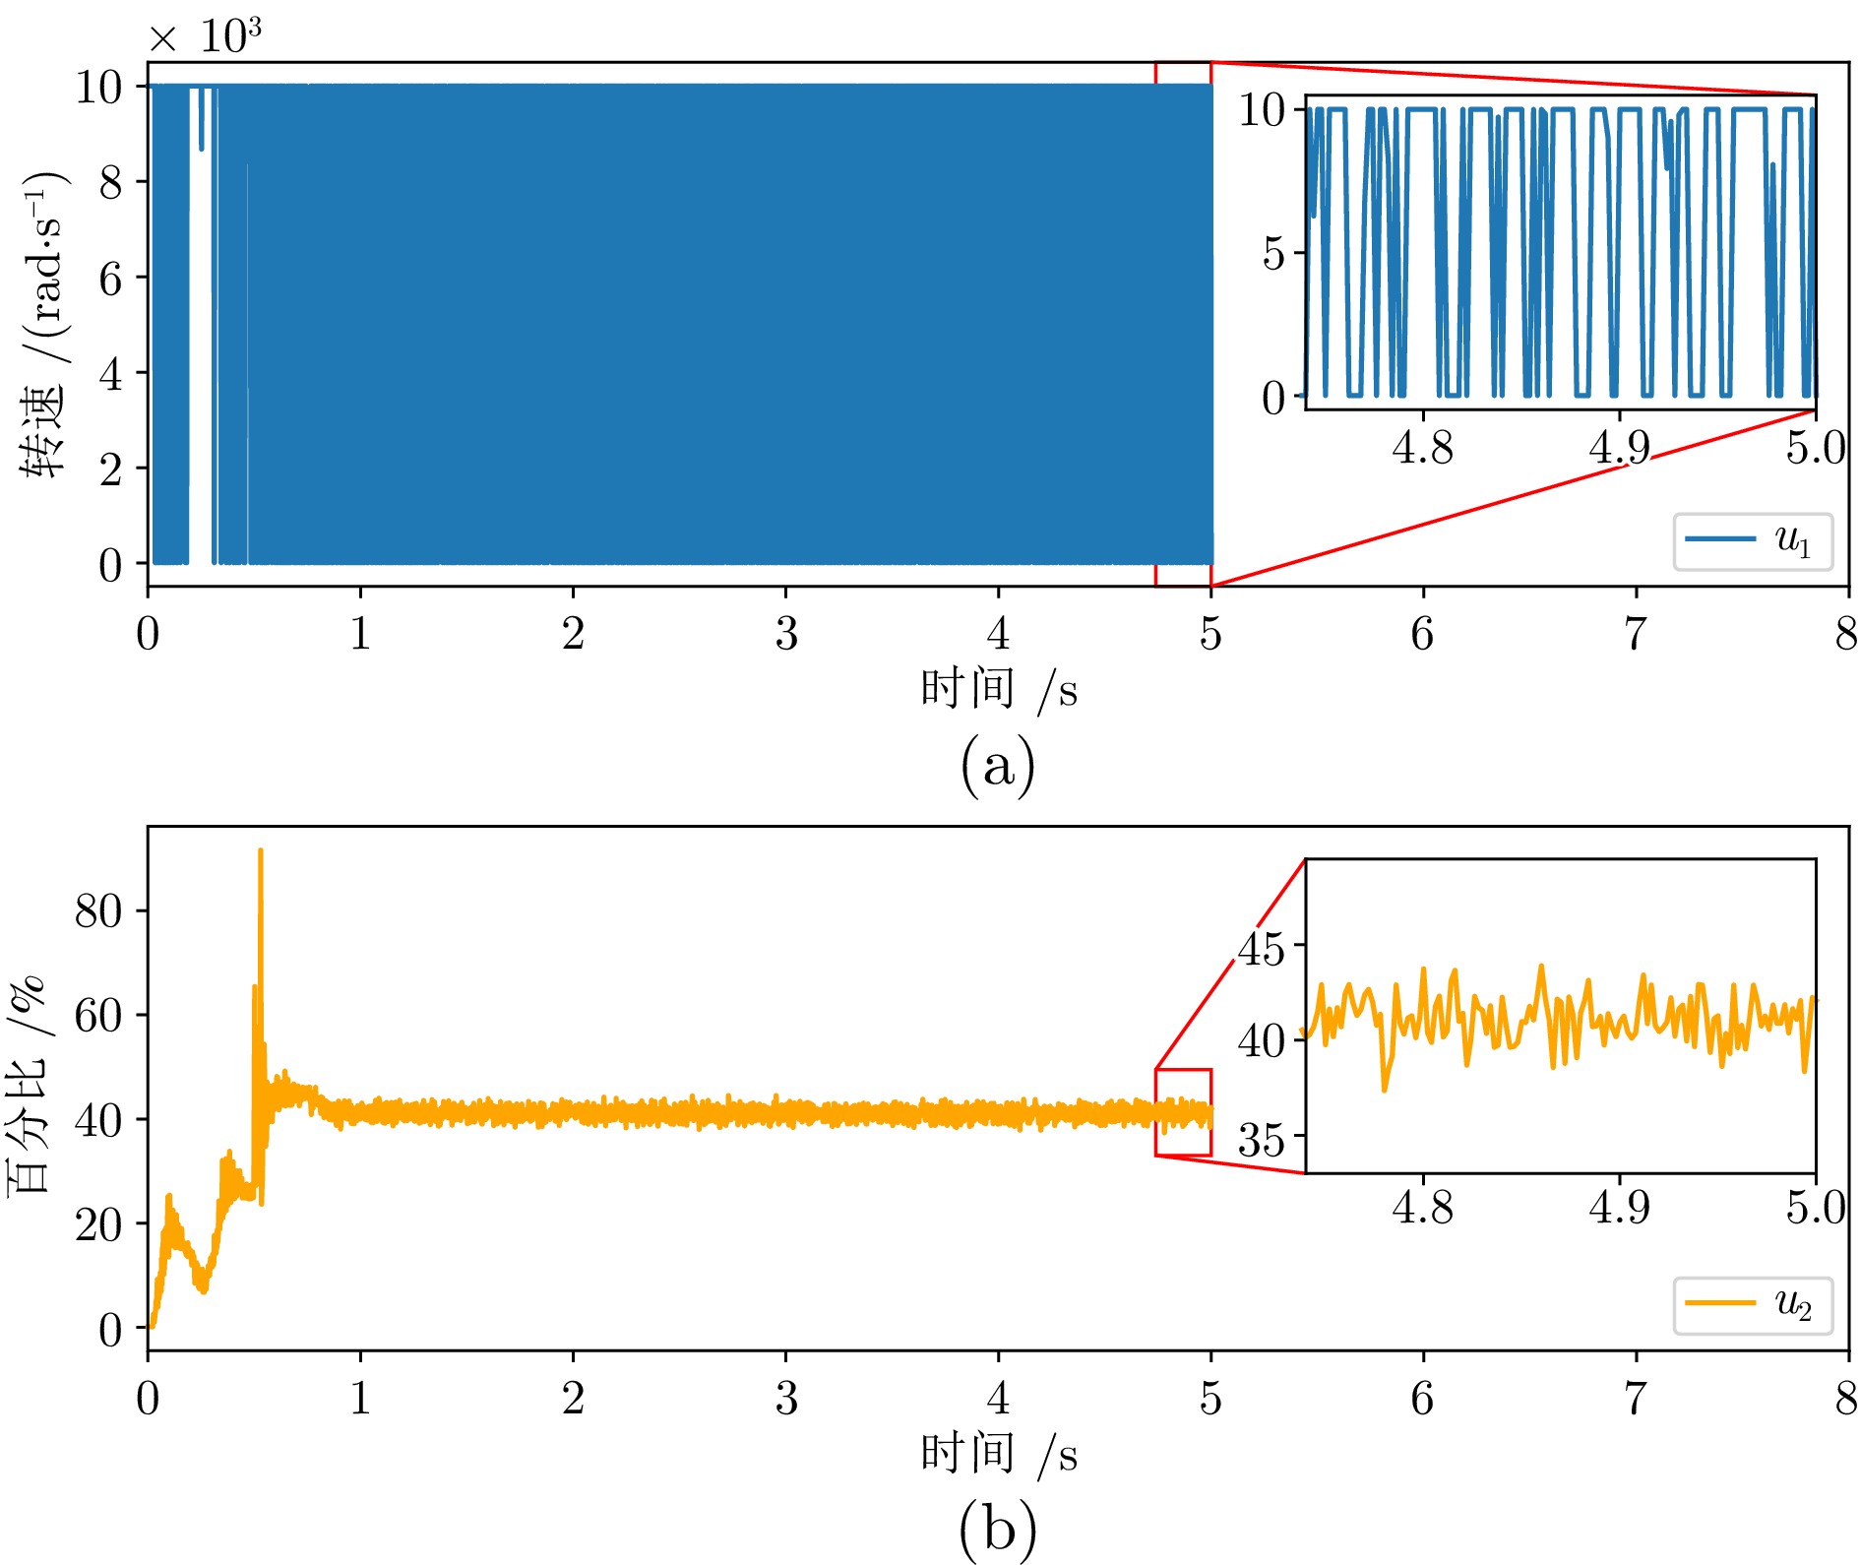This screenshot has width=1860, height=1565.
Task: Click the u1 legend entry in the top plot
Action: (1753, 540)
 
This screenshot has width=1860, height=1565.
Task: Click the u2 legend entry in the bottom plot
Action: (1753, 1305)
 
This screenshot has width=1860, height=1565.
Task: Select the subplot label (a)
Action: (997, 764)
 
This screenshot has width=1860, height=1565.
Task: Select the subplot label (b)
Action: (997, 1528)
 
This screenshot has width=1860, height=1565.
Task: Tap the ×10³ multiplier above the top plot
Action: (205, 36)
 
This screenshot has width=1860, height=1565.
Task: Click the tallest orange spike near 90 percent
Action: (260, 852)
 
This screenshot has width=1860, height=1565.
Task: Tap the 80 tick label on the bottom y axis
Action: (98, 911)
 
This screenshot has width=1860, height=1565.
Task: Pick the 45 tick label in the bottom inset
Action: (1262, 948)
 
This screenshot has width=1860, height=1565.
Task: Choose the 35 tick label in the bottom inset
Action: (1262, 1139)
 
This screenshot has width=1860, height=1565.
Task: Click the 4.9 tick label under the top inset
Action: (1619, 448)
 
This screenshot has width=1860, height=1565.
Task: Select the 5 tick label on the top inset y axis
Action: (1273, 253)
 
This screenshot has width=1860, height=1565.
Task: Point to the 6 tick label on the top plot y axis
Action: (110, 279)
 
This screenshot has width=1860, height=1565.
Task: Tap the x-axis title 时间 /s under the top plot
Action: (998, 689)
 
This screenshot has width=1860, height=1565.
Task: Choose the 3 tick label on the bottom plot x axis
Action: (785, 1398)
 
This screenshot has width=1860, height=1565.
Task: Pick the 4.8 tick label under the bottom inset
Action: (1422, 1207)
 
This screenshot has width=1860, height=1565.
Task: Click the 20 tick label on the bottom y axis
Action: (98, 1224)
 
